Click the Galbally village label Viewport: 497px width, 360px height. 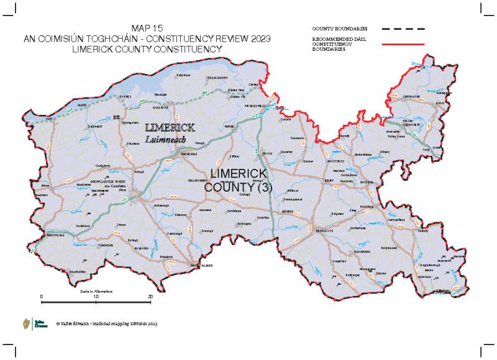pos(424,231)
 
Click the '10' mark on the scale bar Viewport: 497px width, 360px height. pos(96,297)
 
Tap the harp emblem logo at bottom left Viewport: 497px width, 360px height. pos(25,323)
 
